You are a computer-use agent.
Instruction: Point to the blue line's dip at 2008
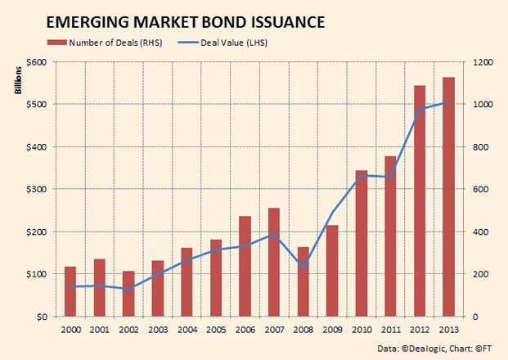pyautogui.click(x=303, y=267)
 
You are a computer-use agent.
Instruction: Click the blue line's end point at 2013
pyautogui.click(x=448, y=102)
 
